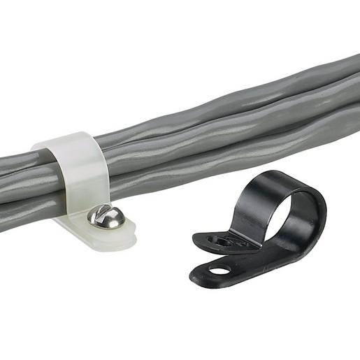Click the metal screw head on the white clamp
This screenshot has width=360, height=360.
[x=107, y=217]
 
